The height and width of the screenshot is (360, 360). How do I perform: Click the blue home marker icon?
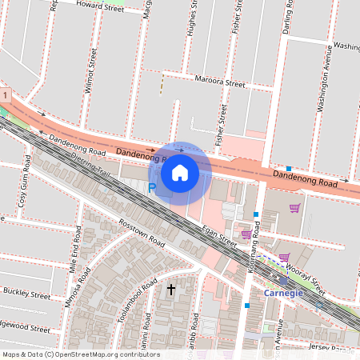pyautogui.click(x=180, y=172)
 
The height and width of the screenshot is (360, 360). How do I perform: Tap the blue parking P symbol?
pyautogui.click(x=151, y=188)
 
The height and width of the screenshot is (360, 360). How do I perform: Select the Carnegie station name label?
pyautogui.click(x=285, y=293)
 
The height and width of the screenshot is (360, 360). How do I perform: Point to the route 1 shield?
pyautogui.click(x=6, y=96)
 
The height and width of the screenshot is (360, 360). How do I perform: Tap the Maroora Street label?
pyautogui.click(x=220, y=82)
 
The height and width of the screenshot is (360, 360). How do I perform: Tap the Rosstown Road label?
pyautogui.click(x=141, y=233)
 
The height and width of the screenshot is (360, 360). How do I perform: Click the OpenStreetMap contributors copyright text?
pyautogui.click(x=81, y=354)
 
